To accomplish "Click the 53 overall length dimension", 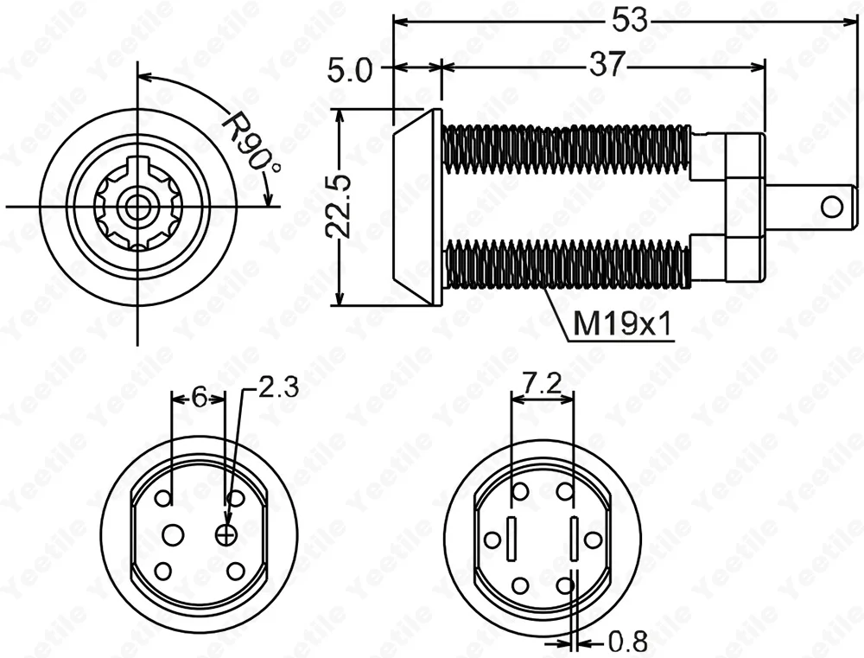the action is (629, 21).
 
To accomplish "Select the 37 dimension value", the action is (607, 65).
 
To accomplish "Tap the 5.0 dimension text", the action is (351, 71).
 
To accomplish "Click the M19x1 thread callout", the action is (623, 325).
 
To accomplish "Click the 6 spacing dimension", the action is (199, 397).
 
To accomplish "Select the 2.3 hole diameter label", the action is (278, 387).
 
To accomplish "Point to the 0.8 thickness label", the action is (627, 642).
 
